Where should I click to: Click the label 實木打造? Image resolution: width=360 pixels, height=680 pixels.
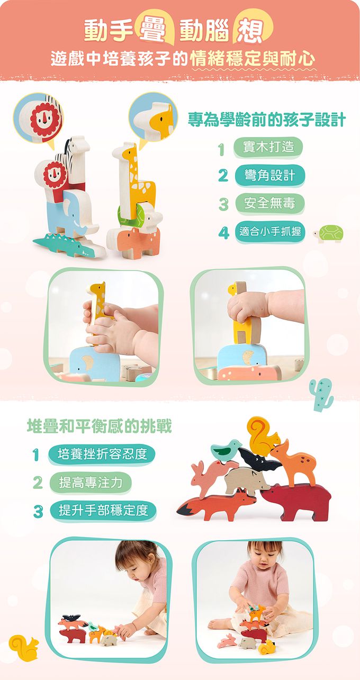point(268,147)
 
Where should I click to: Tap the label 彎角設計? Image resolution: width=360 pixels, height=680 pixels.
point(269,176)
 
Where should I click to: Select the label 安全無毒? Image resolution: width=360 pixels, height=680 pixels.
point(269,203)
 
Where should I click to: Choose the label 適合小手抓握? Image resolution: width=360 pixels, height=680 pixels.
point(270,232)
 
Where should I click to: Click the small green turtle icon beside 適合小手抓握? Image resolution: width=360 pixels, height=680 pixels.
point(328,233)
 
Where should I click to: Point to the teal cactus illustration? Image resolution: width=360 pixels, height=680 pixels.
point(321,394)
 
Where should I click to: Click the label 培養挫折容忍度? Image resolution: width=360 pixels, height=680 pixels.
point(102,455)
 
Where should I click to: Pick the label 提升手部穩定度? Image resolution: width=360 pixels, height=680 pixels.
point(103,511)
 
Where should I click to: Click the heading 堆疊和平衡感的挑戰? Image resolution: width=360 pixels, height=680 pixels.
point(100,426)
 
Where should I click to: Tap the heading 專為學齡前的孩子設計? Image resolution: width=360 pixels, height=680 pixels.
point(266,120)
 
